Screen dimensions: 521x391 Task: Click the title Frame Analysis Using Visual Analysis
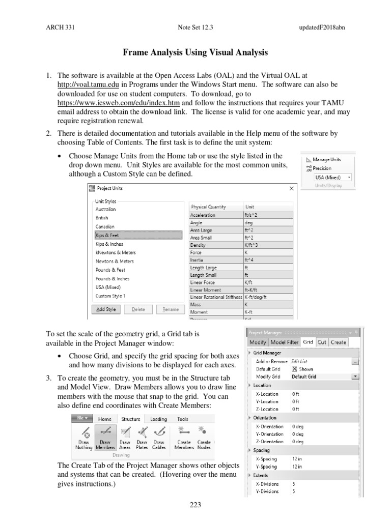click(x=195, y=52)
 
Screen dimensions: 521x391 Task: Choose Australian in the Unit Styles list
click(x=105, y=209)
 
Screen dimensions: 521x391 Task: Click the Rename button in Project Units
click(x=171, y=309)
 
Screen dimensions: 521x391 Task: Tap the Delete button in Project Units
click(x=138, y=309)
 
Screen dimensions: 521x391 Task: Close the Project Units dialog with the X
click(x=292, y=188)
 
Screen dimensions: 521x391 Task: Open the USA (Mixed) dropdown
click(x=349, y=177)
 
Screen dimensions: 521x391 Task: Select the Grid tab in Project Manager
click(x=308, y=342)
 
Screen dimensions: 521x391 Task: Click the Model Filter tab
click(x=284, y=342)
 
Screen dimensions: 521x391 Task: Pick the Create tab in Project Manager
click(x=338, y=342)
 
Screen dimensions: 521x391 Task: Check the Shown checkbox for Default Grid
click(x=294, y=369)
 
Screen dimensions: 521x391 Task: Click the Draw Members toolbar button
click(x=105, y=439)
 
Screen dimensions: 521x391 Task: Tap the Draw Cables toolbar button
click(x=159, y=439)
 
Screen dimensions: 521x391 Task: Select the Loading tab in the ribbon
click(x=158, y=419)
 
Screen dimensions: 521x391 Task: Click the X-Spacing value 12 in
click(x=297, y=458)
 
